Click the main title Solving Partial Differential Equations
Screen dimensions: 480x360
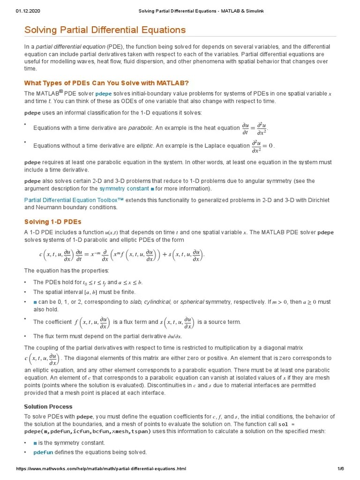click(x=105, y=30)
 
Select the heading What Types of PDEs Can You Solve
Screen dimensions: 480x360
click(x=106, y=82)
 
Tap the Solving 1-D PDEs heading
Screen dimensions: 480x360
click(x=52, y=221)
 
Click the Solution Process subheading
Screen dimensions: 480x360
click(x=48, y=406)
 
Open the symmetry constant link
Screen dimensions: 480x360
click(x=127, y=189)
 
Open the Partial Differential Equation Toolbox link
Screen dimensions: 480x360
click(x=74, y=200)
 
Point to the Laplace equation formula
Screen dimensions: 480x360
click(x=262, y=146)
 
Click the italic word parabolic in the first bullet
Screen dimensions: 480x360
click(x=140, y=128)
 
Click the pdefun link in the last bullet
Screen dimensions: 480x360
click(x=43, y=452)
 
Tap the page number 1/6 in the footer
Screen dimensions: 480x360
click(x=341, y=469)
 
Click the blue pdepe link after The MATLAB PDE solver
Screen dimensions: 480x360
click(x=103, y=94)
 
